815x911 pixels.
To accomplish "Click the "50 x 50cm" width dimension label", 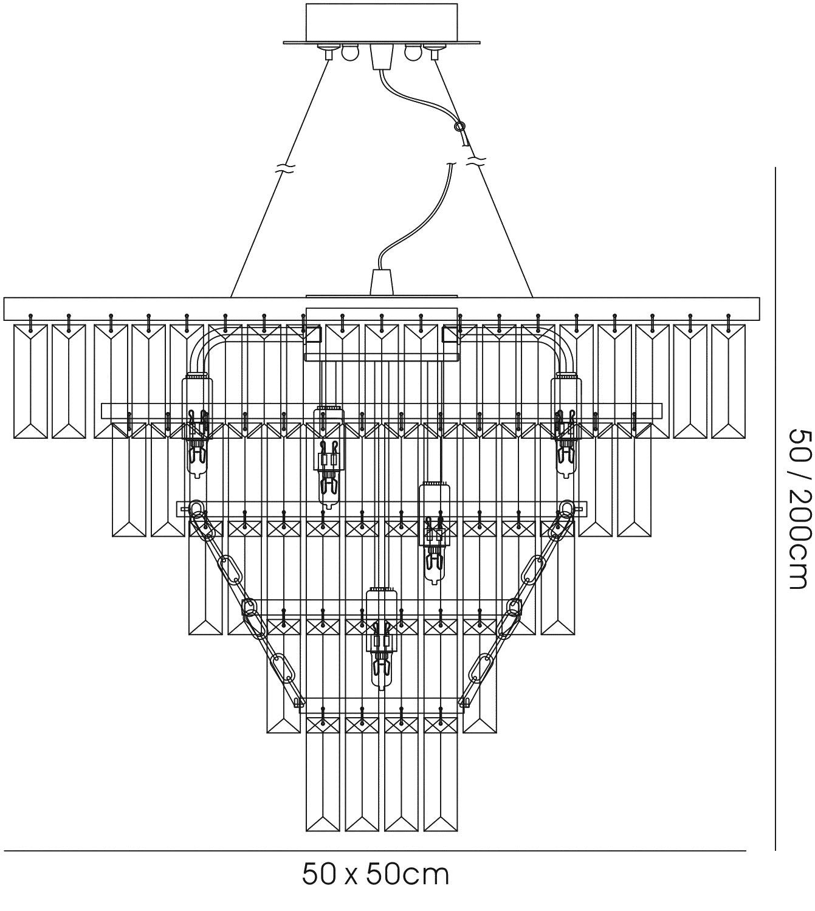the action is (x=376, y=874).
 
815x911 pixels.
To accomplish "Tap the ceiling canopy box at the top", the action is (x=382, y=22).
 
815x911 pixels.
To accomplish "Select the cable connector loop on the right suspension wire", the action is (x=459, y=127).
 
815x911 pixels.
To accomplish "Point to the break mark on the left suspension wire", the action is (x=285, y=169).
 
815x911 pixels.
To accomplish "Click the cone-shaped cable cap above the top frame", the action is (x=382, y=283).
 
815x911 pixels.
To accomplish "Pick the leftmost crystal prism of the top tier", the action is (x=30, y=381).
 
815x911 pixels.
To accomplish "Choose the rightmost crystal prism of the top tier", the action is (x=728, y=381).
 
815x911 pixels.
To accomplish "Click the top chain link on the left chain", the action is (x=196, y=511).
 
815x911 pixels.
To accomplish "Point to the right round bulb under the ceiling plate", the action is (x=411, y=53).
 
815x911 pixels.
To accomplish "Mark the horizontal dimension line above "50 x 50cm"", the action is (x=374, y=851).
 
